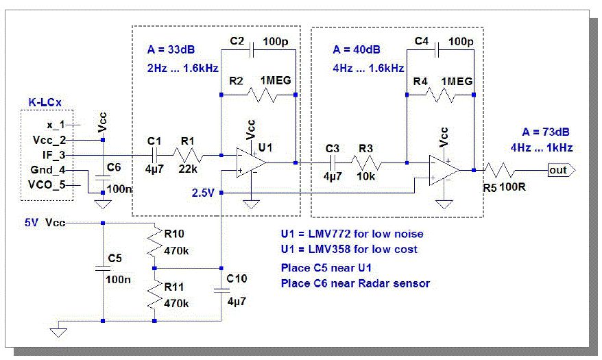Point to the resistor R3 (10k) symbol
coord(371,163)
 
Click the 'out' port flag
coord(559,169)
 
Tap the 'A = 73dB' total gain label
coord(538,132)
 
